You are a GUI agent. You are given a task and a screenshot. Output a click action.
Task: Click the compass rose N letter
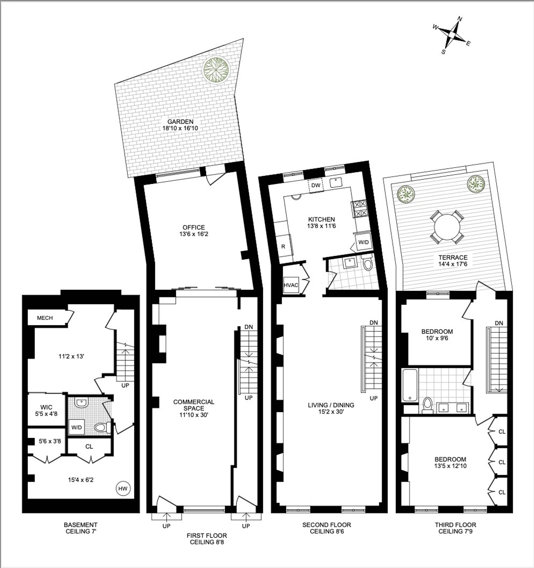click(x=460, y=19)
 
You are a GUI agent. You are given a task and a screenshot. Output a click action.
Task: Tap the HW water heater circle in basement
click(x=123, y=488)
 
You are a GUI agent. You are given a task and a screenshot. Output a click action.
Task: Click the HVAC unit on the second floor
click(x=291, y=285)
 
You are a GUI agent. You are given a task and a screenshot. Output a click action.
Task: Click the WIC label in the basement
click(x=46, y=407)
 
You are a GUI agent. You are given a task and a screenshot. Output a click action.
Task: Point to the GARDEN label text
click(x=180, y=122)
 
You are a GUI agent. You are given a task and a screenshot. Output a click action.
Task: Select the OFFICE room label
click(x=194, y=227)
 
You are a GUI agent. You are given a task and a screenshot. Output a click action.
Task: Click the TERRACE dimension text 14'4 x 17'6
click(x=453, y=264)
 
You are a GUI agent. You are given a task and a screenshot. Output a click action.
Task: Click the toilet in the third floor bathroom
click(x=428, y=405)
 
